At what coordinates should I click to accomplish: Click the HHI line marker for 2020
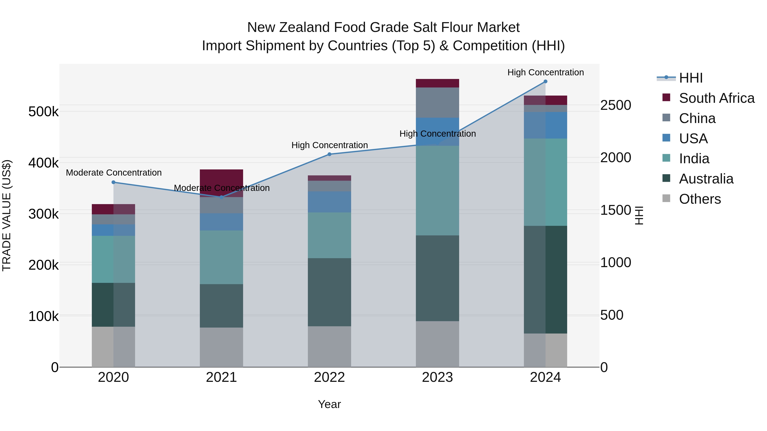click(113, 182)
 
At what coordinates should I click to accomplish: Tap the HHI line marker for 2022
click(329, 154)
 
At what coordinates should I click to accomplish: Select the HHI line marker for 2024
click(545, 82)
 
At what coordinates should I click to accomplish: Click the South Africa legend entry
click(716, 98)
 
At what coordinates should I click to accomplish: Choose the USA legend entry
click(693, 138)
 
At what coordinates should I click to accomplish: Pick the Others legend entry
click(700, 199)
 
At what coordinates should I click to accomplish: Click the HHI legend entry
click(691, 78)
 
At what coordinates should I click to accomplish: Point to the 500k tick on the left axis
click(43, 112)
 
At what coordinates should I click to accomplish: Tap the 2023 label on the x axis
click(437, 377)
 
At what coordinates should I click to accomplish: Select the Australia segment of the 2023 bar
click(437, 278)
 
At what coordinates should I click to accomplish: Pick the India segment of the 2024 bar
click(545, 182)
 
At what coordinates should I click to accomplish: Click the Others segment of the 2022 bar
click(329, 347)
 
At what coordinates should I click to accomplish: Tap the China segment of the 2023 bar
click(437, 102)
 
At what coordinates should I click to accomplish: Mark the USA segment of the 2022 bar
click(329, 202)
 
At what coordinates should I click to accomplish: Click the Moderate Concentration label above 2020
click(114, 173)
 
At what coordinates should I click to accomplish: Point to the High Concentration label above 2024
click(545, 72)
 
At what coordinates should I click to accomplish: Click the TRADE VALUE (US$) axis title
click(7, 215)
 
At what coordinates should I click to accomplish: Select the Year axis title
click(329, 404)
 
